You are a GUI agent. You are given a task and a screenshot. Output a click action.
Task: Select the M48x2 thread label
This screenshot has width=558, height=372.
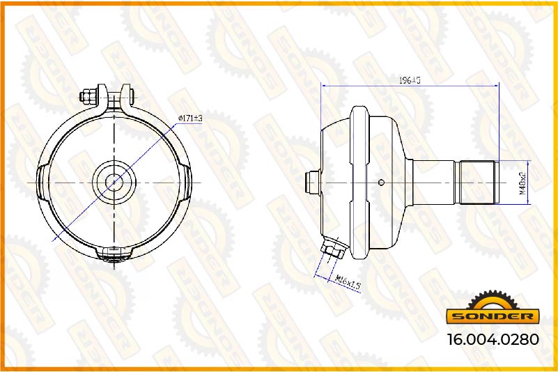point(522,182)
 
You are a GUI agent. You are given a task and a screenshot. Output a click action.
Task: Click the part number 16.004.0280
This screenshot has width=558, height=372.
point(493,339)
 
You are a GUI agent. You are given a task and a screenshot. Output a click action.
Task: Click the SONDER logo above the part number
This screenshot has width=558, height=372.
point(493,310)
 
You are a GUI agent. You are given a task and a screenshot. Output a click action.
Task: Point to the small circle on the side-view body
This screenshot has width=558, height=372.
point(381,183)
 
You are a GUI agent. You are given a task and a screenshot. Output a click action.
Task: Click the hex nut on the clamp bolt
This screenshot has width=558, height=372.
point(86,97)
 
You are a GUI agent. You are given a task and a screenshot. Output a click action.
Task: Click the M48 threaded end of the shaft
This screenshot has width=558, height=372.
point(477,183)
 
